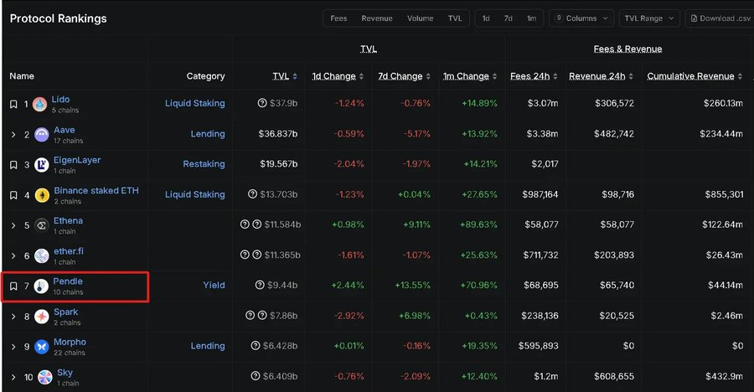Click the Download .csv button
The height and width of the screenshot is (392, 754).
pyautogui.click(x=720, y=18)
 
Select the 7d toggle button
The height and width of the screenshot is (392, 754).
pyautogui.click(x=509, y=18)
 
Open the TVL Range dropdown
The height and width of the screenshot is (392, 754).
pyautogui.click(x=650, y=18)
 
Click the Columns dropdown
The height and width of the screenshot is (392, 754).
pyautogui.click(x=581, y=18)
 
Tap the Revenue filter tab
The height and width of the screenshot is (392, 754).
pyautogui.click(x=377, y=18)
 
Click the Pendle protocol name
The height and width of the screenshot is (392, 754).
pyautogui.click(x=68, y=281)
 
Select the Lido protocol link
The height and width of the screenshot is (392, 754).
pyautogui.click(x=60, y=100)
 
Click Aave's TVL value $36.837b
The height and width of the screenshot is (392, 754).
pyautogui.click(x=277, y=134)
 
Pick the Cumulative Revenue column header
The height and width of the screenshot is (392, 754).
pyautogui.click(x=690, y=76)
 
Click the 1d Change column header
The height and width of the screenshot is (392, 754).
pyautogui.click(x=333, y=76)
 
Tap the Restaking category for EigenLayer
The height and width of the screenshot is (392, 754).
pyautogui.click(x=204, y=164)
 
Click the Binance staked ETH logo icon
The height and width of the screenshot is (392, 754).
pyautogui.click(x=41, y=195)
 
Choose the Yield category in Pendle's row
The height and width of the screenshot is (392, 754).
pyautogui.click(x=214, y=286)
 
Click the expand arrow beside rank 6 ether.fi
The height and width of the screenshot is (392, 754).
pyautogui.click(x=13, y=255)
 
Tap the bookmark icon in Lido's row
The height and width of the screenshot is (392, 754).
pyautogui.click(x=13, y=104)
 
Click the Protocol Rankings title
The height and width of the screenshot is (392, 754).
pyautogui.click(x=58, y=18)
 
